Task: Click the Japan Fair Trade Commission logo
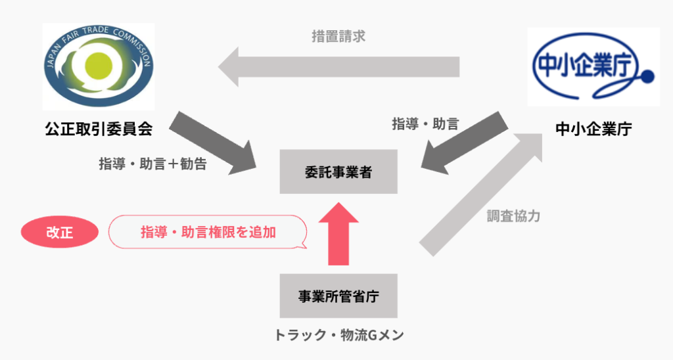(x=99, y=66)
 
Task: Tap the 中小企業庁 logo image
(x=593, y=67)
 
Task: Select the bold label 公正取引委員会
(x=99, y=129)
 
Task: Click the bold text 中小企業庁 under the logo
(x=593, y=129)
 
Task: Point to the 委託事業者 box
(x=338, y=171)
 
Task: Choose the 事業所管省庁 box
(x=338, y=296)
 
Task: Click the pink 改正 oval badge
(x=60, y=232)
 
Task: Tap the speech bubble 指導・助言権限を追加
(x=208, y=232)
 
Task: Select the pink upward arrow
(x=338, y=233)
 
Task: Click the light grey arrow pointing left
(x=338, y=67)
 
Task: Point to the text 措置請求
(x=338, y=36)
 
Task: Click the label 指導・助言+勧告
(x=152, y=164)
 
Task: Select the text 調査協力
(x=513, y=216)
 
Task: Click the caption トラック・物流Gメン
(x=338, y=336)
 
